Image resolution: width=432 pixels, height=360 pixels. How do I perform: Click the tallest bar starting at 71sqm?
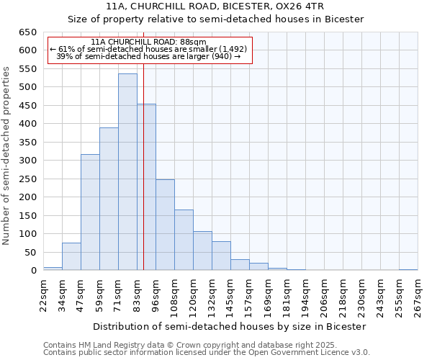[127, 172]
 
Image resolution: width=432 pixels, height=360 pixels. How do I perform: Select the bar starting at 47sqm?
[90, 212]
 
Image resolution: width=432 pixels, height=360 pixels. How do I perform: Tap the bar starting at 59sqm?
[109, 199]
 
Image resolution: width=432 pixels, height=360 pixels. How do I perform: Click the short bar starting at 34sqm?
[71, 256]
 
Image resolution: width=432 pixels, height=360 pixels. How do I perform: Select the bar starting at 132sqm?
[221, 256]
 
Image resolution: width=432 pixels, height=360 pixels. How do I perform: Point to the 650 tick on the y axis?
[27, 32]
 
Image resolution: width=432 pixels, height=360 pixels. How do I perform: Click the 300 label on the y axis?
[27, 161]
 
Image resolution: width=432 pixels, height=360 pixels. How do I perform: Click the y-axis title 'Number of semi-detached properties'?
[6, 156]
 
